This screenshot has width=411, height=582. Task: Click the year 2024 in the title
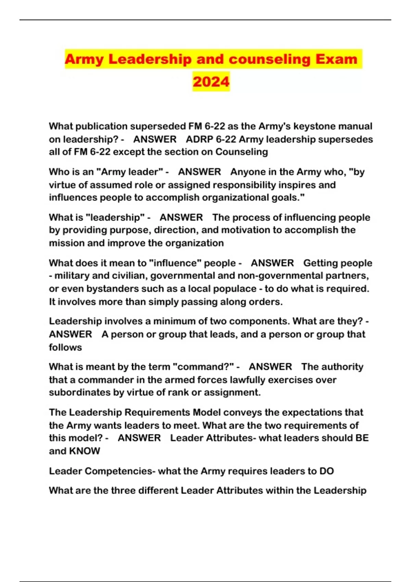tap(211, 82)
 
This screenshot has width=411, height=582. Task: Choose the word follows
tap(65, 347)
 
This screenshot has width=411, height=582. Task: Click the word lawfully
tap(249, 380)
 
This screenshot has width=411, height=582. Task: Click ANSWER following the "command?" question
tap(270, 367)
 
